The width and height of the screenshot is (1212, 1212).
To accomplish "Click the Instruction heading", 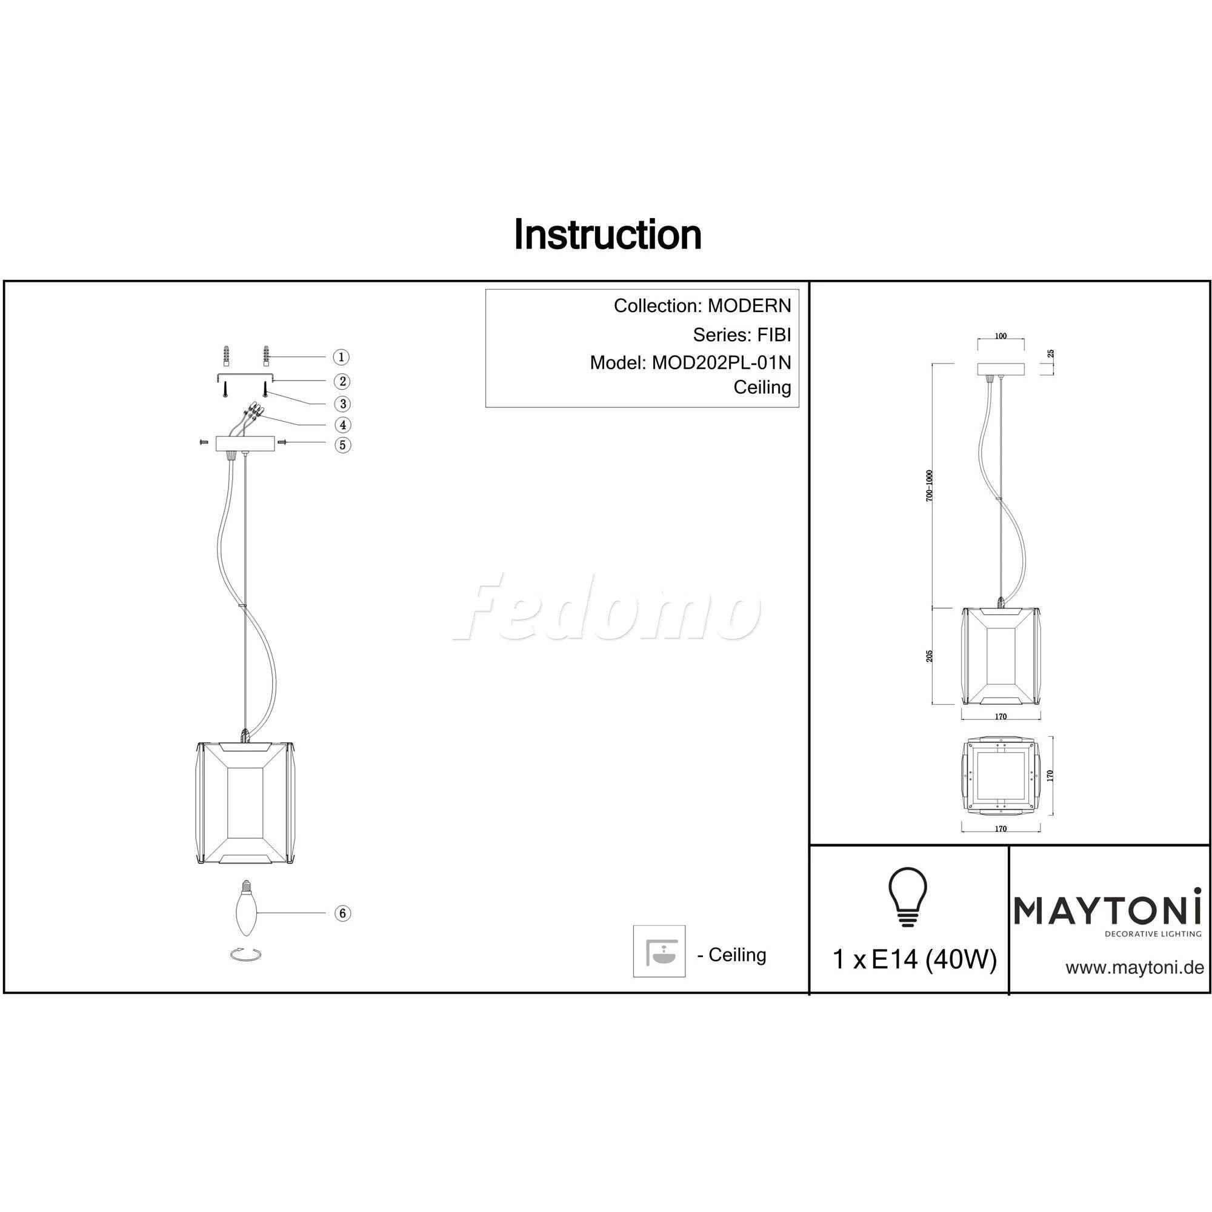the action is point(607,235).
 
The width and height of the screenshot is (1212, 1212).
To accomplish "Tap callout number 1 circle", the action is point(341,357).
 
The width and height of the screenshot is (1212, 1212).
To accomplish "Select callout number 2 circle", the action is point(342,381).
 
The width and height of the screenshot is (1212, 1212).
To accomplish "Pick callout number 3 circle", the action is point(342,404).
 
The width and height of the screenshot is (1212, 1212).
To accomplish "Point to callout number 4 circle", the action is point(342,425).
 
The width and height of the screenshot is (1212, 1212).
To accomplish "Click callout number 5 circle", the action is point(342,445).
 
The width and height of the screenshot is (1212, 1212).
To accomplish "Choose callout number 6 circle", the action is point(342,913).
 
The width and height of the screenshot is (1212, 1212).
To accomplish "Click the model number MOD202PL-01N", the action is point(721,362).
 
